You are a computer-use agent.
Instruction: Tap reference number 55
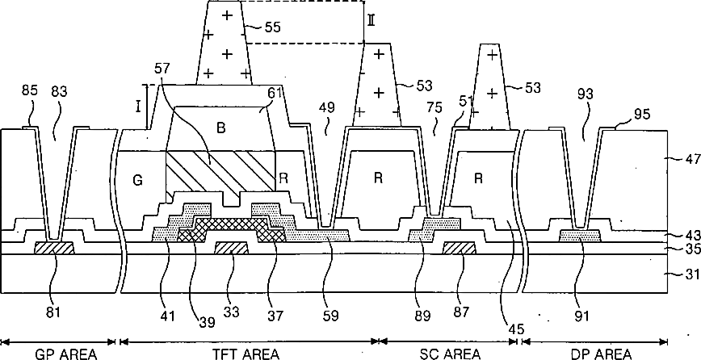(x=273, y=27)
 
